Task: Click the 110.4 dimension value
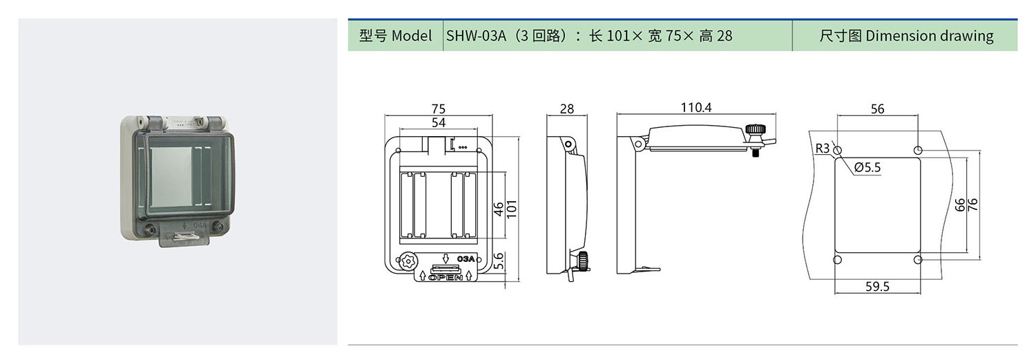pyautogui.click(x=696, y=107)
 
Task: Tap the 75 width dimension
pyautogui.click(x=438, y=108)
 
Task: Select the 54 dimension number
pyautogui.click(x=438, y=122)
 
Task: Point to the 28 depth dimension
pyautogui.click(x=566, y=108)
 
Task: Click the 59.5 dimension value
pyautogui.click(x=877, y=287)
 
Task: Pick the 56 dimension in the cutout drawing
pyautogui.click(x=877, y=108)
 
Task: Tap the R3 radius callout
pyautogui.click(x=822, y=148)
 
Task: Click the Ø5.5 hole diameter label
pyautogui.click(x=867, y=167)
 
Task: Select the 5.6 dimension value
pyautogui.click(x=498, y=261)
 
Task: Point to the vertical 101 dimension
pyautogui.click(x=511, y=209)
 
